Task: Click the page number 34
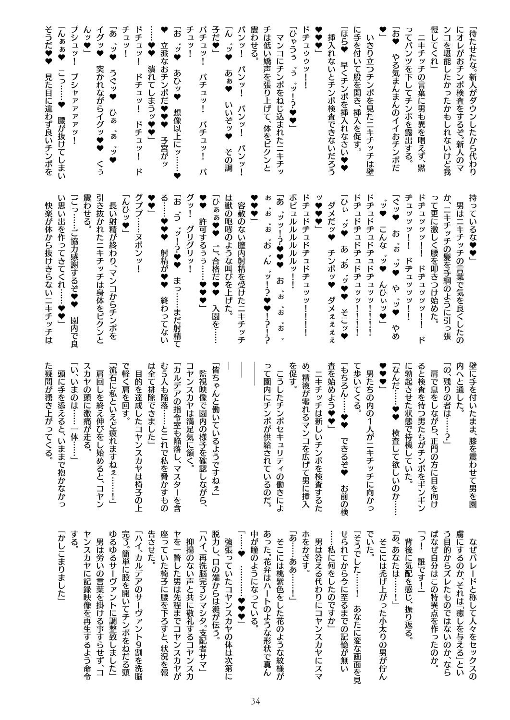[255, 702]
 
